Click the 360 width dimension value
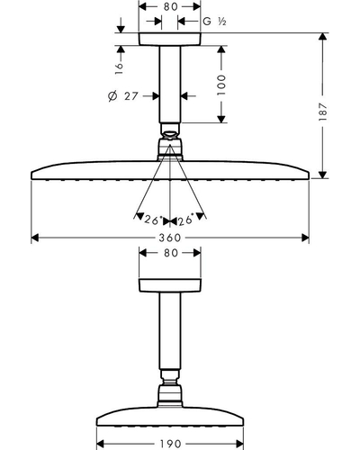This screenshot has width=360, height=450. (170, 238)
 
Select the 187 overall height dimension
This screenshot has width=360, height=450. (322, 112)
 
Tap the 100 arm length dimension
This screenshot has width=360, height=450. (221, 85)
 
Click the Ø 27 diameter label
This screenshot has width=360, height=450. (123, 96)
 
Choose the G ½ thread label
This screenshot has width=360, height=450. (214, 22)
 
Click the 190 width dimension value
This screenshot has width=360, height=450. (170, 444)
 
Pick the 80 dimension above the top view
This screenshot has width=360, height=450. (171, 6)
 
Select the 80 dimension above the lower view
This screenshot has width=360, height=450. (171, 253)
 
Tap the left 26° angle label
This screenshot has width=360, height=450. (153, 220)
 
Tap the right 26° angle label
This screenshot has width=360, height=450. (185, 220)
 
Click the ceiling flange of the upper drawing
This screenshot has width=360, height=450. (169, 39)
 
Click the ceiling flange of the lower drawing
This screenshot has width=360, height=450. (170, 285)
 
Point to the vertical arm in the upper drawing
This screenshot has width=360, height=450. (170, 85)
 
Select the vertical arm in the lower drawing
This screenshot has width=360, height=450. (170, 330)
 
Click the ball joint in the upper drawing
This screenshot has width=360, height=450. (170, 135)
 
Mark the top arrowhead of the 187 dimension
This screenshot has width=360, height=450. (322, 37)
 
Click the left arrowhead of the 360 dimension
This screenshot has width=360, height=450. (35, 238)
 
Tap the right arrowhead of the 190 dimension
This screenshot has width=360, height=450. (239, 444)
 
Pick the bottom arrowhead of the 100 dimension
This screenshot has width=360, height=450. (221, 119)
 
